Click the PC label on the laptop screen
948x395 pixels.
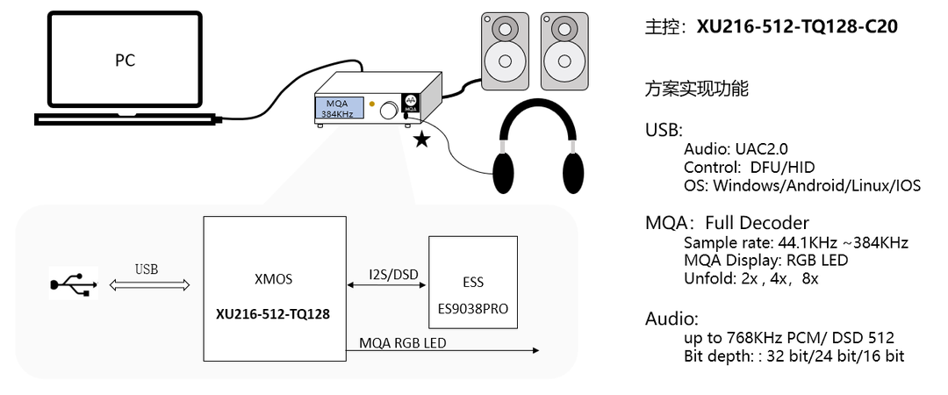click(126, 61)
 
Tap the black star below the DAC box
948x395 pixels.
click(422, 139)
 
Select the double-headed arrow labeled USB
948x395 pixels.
click(148, 284)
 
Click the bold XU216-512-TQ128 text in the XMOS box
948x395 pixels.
click(273, 313)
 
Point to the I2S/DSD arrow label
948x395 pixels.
click(393, 274)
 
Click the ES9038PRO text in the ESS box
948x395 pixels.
click(472, 310)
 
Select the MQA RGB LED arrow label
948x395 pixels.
click(402, 342)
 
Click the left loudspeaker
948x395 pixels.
click(505, 50)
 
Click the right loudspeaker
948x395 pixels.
click(564, 50)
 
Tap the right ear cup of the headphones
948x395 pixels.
click(571, 172)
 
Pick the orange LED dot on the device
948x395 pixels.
click(372, 104)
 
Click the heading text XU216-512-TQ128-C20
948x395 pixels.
click(797, 26)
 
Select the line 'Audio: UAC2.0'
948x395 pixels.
click(736, 149)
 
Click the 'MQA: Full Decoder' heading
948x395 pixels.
click(727, 223)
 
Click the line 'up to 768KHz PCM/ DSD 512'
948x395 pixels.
click(789, 338)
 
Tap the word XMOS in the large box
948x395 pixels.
click(272, 280)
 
